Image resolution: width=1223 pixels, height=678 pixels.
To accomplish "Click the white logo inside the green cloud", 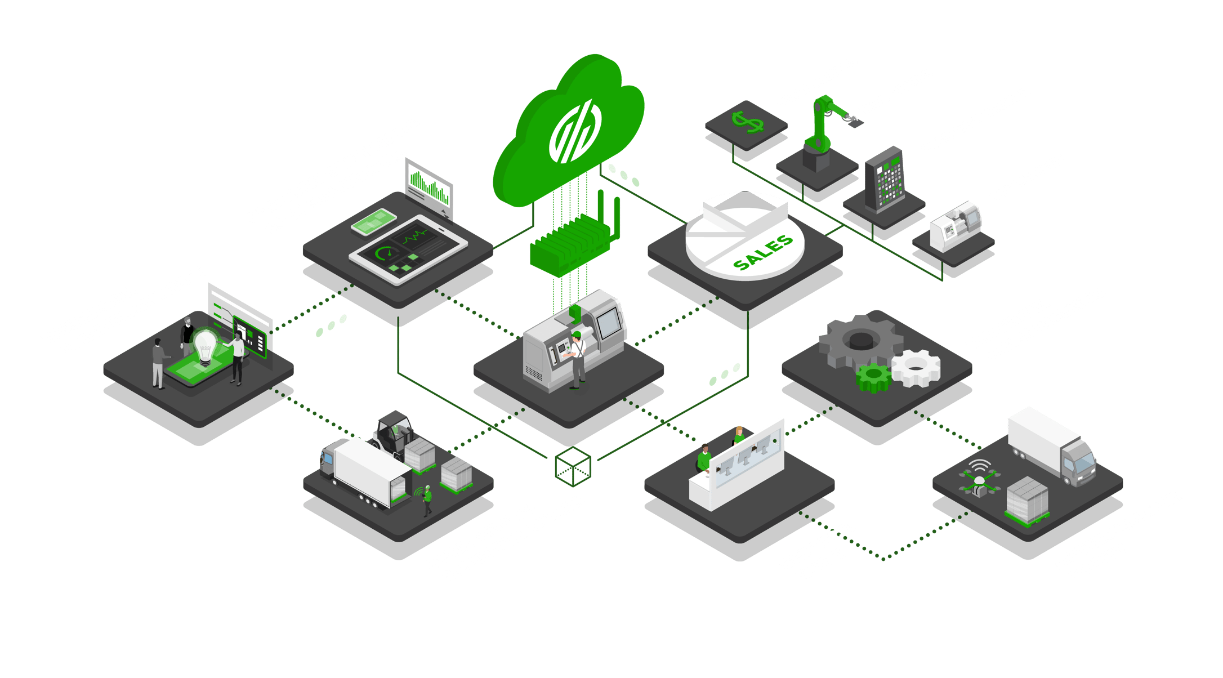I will tap(575, 131).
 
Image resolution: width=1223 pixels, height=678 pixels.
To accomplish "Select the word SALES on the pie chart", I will tap(763, 253).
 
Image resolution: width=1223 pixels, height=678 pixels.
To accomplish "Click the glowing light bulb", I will tap(204, 345).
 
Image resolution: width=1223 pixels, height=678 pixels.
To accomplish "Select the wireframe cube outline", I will tap(573, 467).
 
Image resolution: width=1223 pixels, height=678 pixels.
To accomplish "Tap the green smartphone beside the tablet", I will tap(373, 222).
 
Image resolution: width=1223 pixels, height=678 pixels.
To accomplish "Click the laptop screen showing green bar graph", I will tap(429, 186).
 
